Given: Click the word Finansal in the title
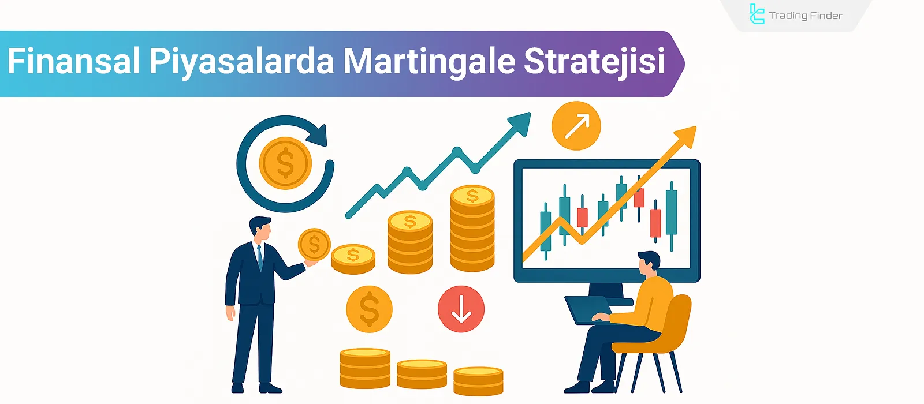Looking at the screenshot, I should pos(73,61).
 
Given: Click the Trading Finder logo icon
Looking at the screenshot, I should pos(757,14).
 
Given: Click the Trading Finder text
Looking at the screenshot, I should pos(805,16).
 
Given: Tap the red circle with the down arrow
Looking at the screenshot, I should pos(461,309).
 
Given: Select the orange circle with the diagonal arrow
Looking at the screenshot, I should pos(576,126).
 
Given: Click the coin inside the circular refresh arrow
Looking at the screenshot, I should pos(285,163).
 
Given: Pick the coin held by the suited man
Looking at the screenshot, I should pos(314,244).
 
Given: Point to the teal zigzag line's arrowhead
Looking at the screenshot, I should pos(520,122).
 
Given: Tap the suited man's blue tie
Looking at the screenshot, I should pos(260,257).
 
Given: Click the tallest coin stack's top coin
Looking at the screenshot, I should pos(472,196).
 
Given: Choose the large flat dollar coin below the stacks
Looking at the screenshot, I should pos(369,309).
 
